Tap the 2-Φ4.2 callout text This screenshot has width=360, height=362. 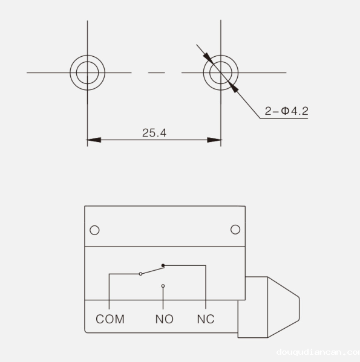point(287,111)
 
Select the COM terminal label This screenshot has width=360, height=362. point(110,319)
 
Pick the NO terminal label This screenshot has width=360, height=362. point(164,319)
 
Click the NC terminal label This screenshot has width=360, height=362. point(206,319)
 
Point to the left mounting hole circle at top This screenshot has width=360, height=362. point(88,73)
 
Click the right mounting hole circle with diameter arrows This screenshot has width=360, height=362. point(221,73)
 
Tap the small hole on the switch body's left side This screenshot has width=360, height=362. point(94,230)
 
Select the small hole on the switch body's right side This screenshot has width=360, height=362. point(235,230)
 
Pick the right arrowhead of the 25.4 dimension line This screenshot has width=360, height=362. point(214,140)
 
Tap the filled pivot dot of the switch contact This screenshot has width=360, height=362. point(163,265)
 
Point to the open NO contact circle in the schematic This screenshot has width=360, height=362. point(163,286)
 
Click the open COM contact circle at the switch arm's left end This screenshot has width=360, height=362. point(140,274)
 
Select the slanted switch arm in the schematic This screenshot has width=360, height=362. point(151,270)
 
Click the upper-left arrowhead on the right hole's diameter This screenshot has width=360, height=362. point(208,58)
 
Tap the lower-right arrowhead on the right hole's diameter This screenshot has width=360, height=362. point(235,88)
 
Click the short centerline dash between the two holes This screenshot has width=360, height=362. point(156,73)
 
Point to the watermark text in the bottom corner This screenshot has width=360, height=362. point(317,352)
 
